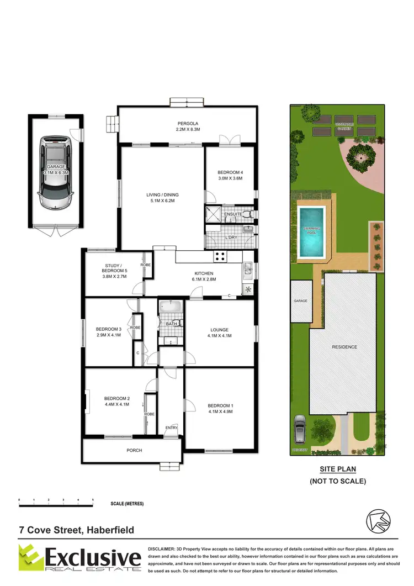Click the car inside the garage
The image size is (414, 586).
tap(55, 172)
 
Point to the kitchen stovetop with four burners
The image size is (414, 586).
tap(220, 256)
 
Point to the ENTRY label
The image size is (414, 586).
tap(172, 427)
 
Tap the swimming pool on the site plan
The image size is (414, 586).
tap(312, 232)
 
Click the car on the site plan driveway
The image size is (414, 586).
tap(300, 430)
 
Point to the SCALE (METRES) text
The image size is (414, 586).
tap(129, 504)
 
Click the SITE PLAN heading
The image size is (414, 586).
tap(338, 469)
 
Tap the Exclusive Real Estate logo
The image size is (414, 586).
tap(80, 558)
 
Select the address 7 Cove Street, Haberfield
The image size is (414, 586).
tap(76, 530)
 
